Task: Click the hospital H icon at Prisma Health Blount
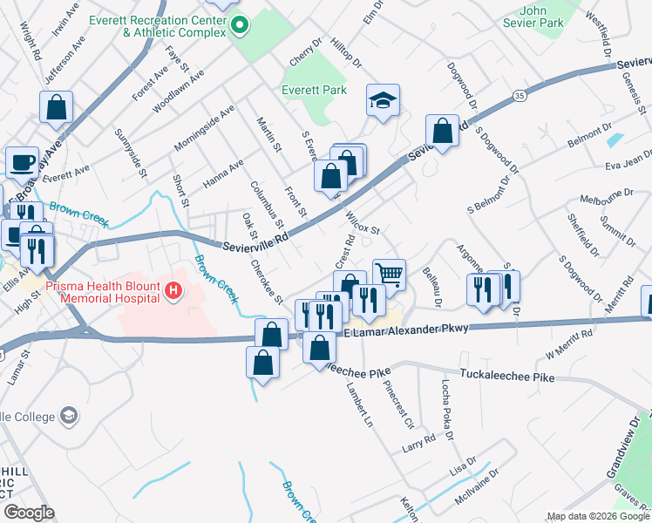tap(174, 289)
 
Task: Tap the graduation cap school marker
tap(383, 102)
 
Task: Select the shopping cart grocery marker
tap(389, 275)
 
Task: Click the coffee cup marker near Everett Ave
tap(22, 162)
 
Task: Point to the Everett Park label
tap(314, 90)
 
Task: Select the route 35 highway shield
tap(520, 94)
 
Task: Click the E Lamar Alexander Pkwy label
tap(408, 329)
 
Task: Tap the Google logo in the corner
tap(29, 513)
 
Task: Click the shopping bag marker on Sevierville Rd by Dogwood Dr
tap(443, 132)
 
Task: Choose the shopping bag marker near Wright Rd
tap(56, 108)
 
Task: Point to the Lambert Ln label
tap(358, 404)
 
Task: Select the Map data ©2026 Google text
tap(597, 516)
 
